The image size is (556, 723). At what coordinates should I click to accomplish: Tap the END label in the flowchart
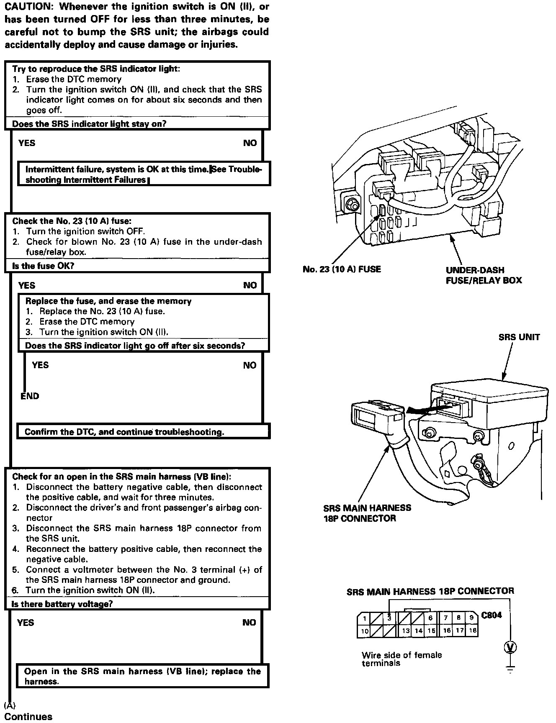click(30, 396)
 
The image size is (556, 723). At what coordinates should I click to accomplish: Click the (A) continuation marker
click(10, 705)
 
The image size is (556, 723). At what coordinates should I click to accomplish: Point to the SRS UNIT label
click(519, 337)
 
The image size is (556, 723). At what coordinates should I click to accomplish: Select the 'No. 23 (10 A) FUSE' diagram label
click(342, 269)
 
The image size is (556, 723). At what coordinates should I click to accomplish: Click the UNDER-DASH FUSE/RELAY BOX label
click(484, 275)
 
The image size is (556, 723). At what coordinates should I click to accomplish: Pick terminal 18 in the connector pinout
click(473, 631)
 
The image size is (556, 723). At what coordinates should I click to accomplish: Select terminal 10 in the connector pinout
click(365, 631)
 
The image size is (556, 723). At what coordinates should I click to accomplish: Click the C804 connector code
click(492, 615)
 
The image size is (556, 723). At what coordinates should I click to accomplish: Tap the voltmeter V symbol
click(510, 648)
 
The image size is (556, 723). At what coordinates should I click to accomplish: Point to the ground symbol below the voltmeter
click(510, 669)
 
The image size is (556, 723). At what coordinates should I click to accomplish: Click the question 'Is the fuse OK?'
click(43, 266)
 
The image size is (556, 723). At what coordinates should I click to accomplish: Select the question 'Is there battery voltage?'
click(62, 604)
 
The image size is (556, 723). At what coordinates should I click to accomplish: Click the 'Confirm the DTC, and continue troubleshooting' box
click(124, 432)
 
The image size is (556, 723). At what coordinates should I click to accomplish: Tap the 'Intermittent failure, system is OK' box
click(144, 174)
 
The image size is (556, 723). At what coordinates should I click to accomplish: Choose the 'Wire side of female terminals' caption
click(401, 659)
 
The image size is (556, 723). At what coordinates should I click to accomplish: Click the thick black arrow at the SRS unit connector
click(420, 410)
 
